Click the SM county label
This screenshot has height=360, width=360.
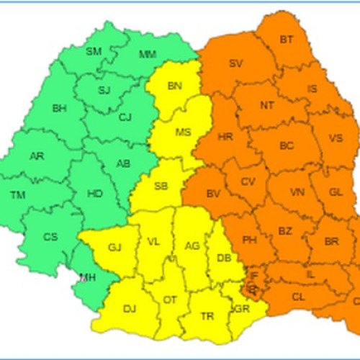tap(94, 51)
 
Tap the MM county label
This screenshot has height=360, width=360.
tap(147, 54)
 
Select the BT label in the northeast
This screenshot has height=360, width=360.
tap(287, 39)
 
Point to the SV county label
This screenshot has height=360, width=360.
tap(235, 63)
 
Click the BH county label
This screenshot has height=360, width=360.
tap(59, 109)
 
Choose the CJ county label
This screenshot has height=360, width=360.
tap(126, 117)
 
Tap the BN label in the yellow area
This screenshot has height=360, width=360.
tap(174, 86)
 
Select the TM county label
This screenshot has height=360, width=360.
tap(17, 194)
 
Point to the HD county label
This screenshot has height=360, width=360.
tap(94, 194)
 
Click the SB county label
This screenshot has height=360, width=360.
tap(161, 186)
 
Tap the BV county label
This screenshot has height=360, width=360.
tap(212, 194)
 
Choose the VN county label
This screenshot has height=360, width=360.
tap(297, 192)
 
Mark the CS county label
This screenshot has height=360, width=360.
tap(50, 237)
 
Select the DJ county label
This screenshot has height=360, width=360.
tap(130, 309)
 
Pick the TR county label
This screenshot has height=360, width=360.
tap(207, 316)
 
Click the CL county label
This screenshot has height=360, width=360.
tap(298, 296)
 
